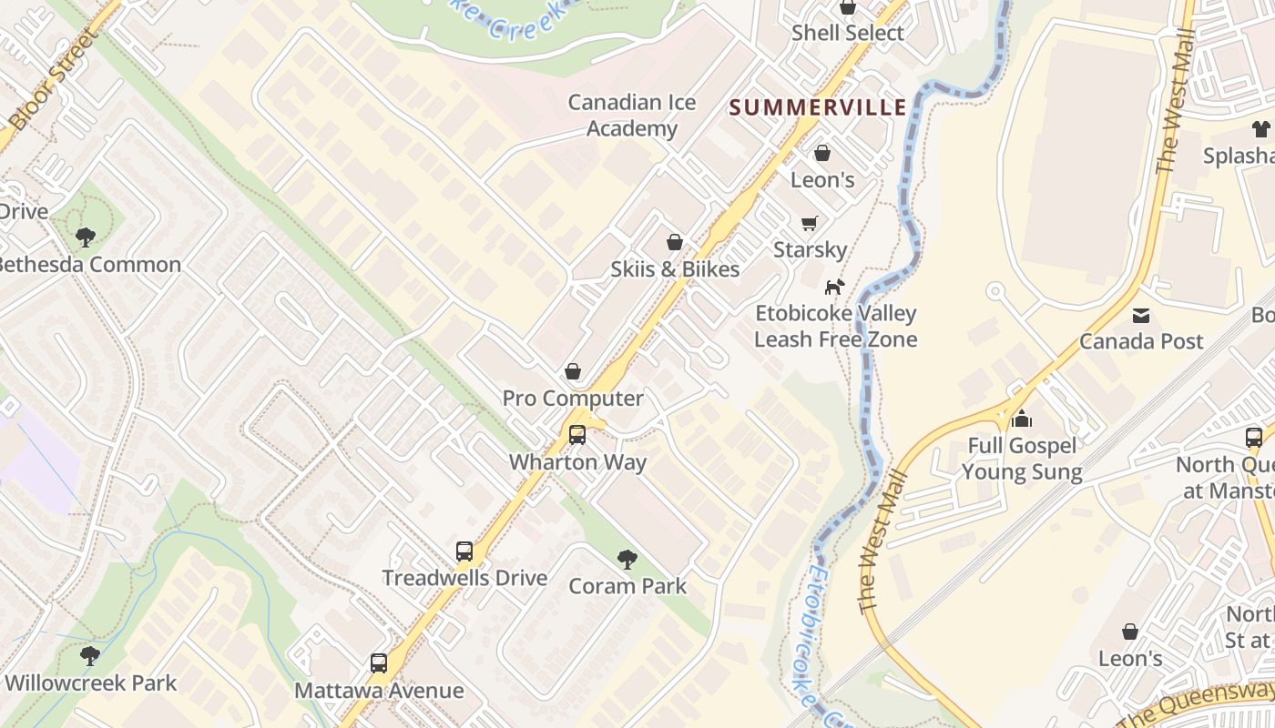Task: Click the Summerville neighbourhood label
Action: (x=818, y=107)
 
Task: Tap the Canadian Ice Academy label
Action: (x=632, y=116)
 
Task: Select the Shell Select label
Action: (x=847, y=33)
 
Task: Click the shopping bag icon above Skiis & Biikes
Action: (x=675, y=242)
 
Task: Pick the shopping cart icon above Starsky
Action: (x=809, y=223)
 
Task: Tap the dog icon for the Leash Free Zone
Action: (x=833, y=288)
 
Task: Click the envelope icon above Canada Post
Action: (x=1140, y=316)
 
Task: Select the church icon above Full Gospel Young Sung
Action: (x=1022, y=420)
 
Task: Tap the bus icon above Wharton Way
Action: (x=576, y=435)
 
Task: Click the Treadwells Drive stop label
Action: (x=464, y=578)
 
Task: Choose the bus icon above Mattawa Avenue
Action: (x=379, y=663)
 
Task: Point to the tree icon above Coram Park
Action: (x=627, y=560)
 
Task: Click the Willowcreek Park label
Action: (x=91, y=682)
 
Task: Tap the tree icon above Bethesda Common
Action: (x=86, y=238)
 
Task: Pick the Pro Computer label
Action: (x=573, y=399)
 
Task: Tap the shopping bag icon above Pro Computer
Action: (x=573, y=371)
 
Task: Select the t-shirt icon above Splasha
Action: (x=1260, y=129)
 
